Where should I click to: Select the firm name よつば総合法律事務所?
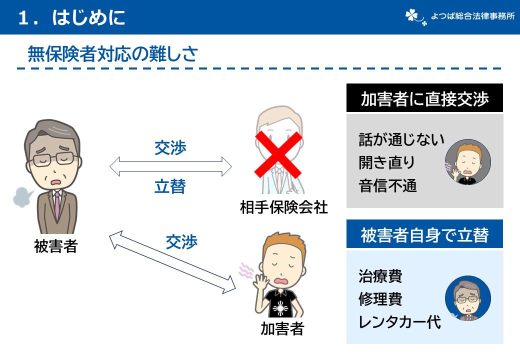pyautogui.click(x=472, y=16)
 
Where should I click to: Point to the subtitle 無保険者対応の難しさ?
pyautogui.click(x=112, y=54)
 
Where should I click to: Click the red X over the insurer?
pyautogui.click(x=278, y=154)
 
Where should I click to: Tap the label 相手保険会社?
pyautogui.click(x=283, y=206)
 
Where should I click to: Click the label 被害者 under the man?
pyautogui.click(x=55, y=246)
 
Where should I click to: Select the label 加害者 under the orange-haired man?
pyautogui.click(x=282, y=328)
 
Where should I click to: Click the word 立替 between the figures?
pyautogui.click(x=170, y=186)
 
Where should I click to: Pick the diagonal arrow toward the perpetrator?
pyautogui.click(x=172, y=262)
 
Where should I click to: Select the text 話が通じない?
pyautogui.click(x=401, y=139)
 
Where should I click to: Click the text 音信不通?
pyautogui.click(x=387, y=186)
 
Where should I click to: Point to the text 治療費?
pyautogui.click(x=380, y=275)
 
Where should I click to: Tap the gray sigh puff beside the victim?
pyautogui.click(x=23, y=197)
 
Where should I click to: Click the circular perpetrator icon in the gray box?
pyautogui.click(x=467, y=162)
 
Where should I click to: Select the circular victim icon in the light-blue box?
pyautogui.click(x=467, y=299)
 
